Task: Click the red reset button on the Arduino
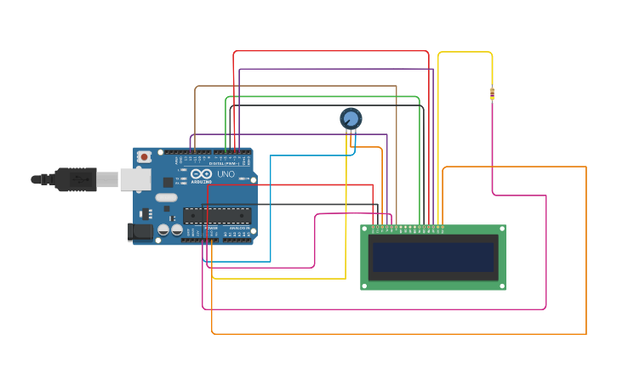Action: (x=145, y=157)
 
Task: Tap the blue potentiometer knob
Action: (x=351, y=119)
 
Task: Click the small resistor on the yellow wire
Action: (x=492, y=94)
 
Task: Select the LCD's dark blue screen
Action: (x=433, y=257)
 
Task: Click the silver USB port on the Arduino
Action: (x=134, y=178)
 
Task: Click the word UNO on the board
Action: (x=226, y=174)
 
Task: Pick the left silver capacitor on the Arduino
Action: (x=163, y=229)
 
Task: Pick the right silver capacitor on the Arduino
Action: (x=176, y=229)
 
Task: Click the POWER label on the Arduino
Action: (x=210, y=229)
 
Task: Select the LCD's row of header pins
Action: (x=407, y=228)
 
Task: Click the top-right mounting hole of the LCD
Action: (x=501, y=229)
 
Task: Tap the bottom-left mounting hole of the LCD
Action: (x=365, y=286)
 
